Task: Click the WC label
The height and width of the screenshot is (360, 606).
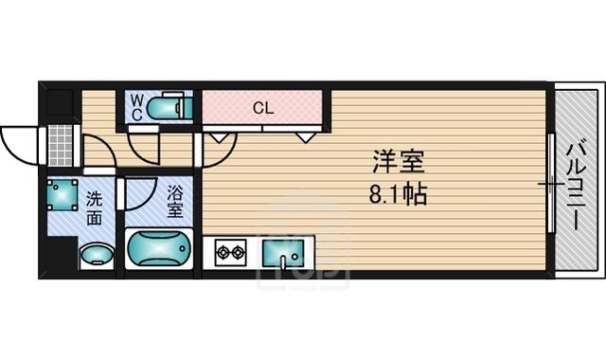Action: click(136, 107)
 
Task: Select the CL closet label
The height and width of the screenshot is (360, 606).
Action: click(263, 108)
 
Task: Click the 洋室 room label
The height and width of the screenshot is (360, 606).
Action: click(399, 162)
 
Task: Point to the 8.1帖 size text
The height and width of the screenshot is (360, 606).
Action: click(398, 194)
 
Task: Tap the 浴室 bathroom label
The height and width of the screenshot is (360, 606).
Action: click(174, 202)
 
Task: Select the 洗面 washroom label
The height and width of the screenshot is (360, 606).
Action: click(94, 208)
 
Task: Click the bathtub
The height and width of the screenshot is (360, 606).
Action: click(159, 248)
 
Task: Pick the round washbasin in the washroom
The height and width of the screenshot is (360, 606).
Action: click(97, 255)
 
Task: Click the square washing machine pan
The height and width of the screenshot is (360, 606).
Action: click(62, 194)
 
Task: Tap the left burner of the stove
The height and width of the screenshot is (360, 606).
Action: click(223, 253)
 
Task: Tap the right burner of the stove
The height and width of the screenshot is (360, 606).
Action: click(238, 253)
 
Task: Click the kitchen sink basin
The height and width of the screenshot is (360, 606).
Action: click(283, 253)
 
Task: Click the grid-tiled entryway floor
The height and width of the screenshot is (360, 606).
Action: click(61, 145)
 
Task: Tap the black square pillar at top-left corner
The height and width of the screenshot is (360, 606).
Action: click(60, 103)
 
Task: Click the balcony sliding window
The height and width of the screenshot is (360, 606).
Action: click(551, 183)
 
